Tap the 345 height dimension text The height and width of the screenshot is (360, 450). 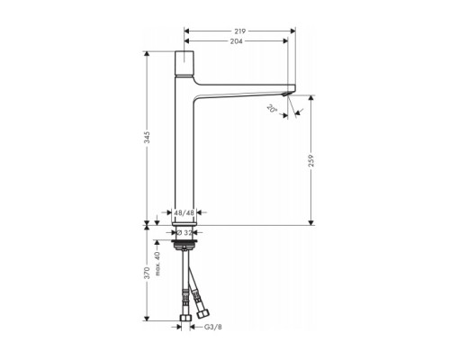coord(148,137)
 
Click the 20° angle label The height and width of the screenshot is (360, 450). coord(271,108)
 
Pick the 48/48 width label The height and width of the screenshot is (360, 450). coord(184,214)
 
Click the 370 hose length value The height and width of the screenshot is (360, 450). coord(148,274)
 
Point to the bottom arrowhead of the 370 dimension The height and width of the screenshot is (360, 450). coord(148,319)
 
